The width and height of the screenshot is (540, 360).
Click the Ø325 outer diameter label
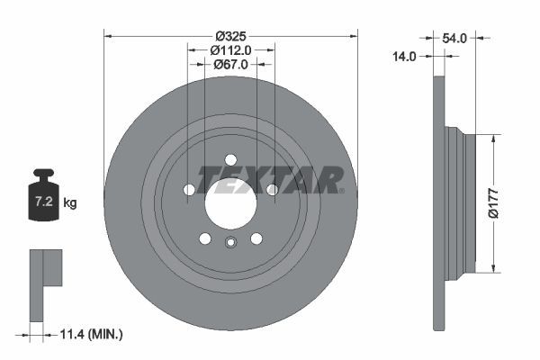(x=231, y=37)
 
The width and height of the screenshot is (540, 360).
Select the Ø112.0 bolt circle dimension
(x=231, y=50)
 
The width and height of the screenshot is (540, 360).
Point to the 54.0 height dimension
(x=454, y=38)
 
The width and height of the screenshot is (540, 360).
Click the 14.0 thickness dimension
(x=404, y=56)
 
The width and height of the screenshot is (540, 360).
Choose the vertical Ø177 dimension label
(x=492, y=203)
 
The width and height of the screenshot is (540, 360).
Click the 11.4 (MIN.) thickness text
(x=89, y=334)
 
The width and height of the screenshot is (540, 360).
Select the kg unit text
(x=70, y=203)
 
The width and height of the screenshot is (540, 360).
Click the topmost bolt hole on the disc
(x=231, y=159)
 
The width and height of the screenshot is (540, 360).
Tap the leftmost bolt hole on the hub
(x=189, y=190)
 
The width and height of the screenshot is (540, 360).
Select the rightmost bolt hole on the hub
(x=272, y=189)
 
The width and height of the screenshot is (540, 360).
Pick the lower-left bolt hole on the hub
(x=205, y=238)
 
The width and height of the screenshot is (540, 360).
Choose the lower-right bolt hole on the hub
(x=256, y=238)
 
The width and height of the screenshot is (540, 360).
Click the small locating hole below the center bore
(x=231, y=241)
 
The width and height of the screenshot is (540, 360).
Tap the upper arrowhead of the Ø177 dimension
(x=492, y=139)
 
